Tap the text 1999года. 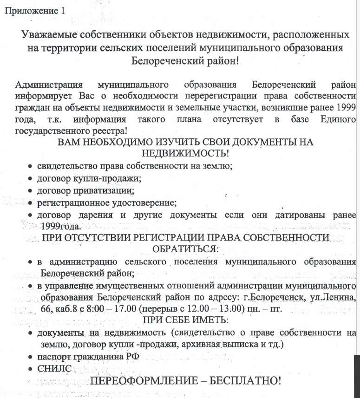[x=60, y=226]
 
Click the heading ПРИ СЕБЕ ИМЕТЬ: [x=185, y=320]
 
